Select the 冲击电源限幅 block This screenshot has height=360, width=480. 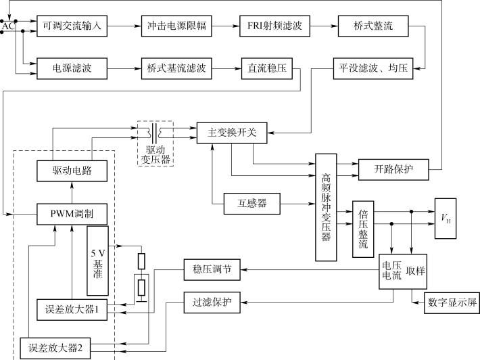pyautogui.click(x=177, y=26)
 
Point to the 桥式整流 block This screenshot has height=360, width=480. pyautogui.click(x=372, y=26)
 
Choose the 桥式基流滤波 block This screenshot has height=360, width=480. pyautogui.click(x=177, y=68)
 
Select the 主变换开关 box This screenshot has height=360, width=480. pyautogui.click(x=232, y=132)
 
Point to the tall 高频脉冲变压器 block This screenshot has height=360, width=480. pyautogui.click(x=327, y=207)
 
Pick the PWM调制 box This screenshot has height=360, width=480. pyautogui.click(x=74, y=215)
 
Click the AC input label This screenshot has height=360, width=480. pyautogui.click(x=7, y=25)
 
